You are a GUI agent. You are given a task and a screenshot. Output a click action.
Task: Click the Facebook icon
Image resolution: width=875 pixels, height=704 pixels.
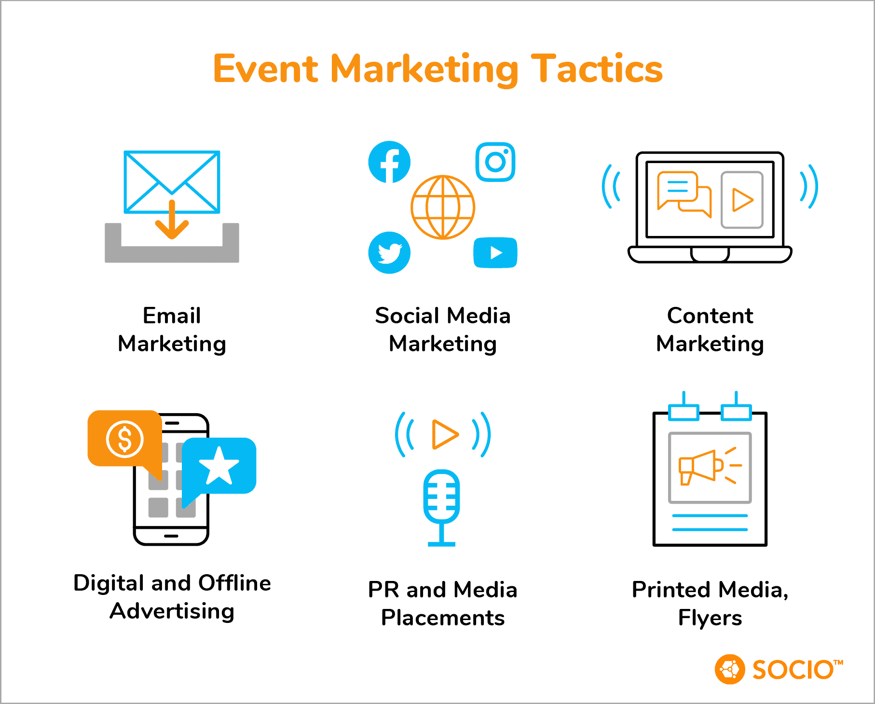coord(389,162)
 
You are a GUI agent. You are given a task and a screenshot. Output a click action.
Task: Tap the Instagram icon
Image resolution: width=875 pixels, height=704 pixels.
coord(495,162)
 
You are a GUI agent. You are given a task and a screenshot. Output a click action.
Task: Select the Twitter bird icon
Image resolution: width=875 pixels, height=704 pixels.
coord(389,252)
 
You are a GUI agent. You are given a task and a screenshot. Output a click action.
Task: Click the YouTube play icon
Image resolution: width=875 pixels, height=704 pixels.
coord(495,252)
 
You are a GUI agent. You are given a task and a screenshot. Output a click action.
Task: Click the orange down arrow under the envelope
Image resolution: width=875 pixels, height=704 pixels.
coord(172,220)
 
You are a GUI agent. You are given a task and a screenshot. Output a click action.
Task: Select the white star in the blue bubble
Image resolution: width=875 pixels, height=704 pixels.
coord(219,465)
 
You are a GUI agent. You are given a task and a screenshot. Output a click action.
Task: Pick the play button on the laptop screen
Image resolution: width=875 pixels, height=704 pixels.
coord(742,200)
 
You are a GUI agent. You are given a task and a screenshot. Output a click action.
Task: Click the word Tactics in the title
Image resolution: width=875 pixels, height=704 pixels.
coord(597,69)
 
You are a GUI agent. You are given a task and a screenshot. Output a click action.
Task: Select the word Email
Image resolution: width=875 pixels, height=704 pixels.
coord(172,316)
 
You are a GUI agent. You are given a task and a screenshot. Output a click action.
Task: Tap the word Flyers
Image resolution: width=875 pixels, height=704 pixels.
coord(710,618)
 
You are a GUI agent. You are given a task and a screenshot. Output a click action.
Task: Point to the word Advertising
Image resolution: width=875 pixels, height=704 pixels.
coord(172,611)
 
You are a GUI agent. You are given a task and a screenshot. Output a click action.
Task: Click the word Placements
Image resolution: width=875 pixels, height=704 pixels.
coord(443,618)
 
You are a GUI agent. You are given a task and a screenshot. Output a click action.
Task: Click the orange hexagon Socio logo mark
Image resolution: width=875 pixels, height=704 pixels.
coord(730,669)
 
